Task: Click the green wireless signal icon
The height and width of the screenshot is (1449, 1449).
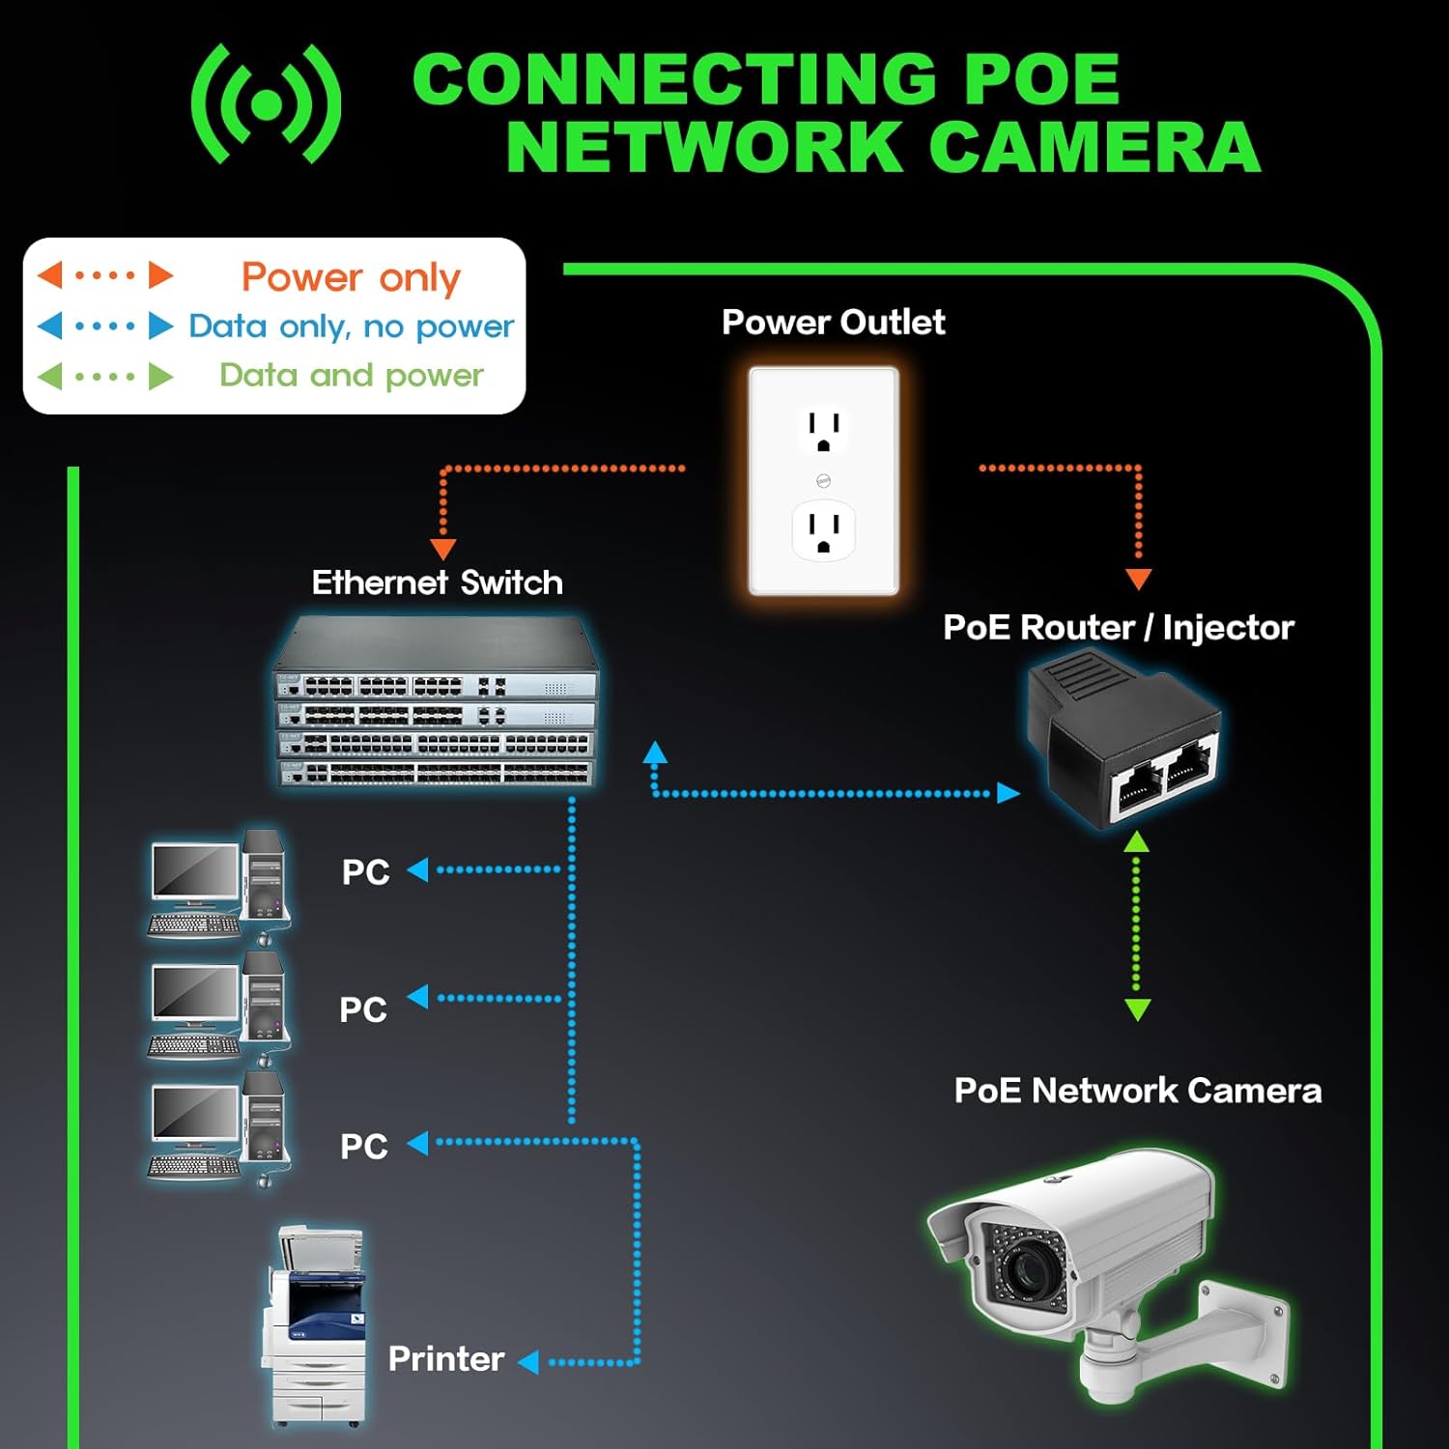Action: point(266,104)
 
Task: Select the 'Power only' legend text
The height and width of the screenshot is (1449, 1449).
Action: point(351,277)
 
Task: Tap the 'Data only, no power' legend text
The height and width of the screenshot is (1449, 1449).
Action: point(351,327)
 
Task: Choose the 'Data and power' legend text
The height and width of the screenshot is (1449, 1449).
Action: point(351,375)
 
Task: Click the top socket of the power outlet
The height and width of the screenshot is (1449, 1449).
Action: point(823,430)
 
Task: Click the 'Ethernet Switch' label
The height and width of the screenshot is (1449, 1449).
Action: point(437,582)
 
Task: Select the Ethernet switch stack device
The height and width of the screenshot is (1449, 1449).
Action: point(437,703)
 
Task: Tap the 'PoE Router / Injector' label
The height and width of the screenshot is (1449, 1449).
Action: point(1118,628)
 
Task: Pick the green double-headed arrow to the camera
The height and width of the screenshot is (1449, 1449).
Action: point(1137,925)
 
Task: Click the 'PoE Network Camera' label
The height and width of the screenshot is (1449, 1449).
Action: point(1137,1091)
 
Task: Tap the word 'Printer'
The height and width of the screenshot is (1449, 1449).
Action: point(446,1359)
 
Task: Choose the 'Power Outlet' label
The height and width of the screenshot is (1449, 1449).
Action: point(833,322)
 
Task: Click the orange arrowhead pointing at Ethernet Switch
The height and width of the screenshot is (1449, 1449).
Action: point(442,549)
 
